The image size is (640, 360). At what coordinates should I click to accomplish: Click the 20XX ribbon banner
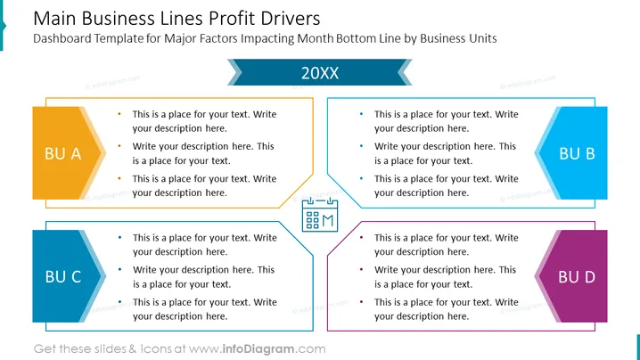click(320, 72)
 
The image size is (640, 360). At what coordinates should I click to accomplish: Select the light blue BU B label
click(571, 153)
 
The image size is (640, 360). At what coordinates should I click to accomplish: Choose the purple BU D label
click(571, 276)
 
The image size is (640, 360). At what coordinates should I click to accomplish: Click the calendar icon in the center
click(320, 215)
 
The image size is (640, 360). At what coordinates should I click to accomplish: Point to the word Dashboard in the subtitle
click(62, 38)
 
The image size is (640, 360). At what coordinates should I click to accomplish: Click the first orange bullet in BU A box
click(119, 114)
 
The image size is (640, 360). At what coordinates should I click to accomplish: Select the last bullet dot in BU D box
click(361, 301)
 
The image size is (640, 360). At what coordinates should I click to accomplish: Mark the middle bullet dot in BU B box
click(361, 146)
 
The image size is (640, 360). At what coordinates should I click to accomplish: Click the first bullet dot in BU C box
click(119, 237)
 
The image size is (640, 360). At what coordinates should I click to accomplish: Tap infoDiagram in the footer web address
click(258, 349)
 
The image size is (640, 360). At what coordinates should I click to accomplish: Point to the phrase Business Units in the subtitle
click(458, 38)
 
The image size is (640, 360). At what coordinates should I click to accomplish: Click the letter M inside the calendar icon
click(329, 221)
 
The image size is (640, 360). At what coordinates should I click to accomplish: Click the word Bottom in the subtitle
click(356, 38)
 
